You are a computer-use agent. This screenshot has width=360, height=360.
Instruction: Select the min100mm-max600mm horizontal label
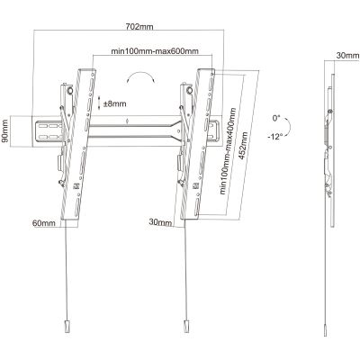(x=155, y=51)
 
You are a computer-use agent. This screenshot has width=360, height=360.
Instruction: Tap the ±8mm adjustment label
(x=114, y=104)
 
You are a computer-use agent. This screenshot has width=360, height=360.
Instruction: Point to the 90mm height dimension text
(x=5, y=131)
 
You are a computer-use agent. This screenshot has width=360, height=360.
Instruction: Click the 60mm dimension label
(x=44, y=223)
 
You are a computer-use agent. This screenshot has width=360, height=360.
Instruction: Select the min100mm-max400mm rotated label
(x=228, y=151)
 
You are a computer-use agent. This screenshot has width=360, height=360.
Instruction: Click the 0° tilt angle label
(x=276, y=118)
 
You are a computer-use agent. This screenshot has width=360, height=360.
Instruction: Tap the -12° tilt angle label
(x=275, y=137)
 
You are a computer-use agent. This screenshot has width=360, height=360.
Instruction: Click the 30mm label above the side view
(x=347, y=56)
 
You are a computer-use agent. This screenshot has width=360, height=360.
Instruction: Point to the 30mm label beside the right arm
(x=160, y=222)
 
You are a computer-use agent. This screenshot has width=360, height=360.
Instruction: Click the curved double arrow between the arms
(x=141, y=75)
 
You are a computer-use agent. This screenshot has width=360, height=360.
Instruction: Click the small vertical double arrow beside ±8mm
(x=99, y=103)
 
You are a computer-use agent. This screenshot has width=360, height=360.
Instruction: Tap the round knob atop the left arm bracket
(x=70, y=90)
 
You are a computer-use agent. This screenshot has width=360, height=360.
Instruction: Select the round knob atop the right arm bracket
(x=190, y=90)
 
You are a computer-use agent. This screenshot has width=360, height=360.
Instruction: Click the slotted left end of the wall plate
(x=49, y=131)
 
